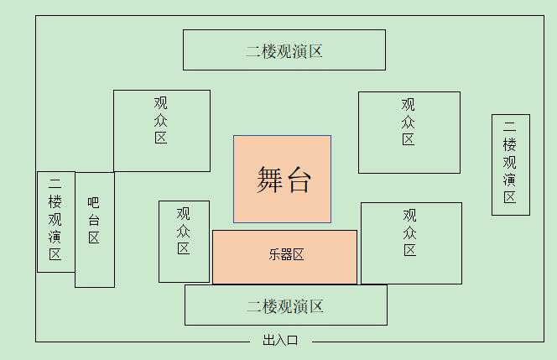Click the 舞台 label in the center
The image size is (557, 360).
tap(283, 180)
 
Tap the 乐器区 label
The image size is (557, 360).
tap(285, 255)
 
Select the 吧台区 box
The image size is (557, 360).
tap(94, 229)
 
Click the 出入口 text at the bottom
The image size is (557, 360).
tap(280, 341)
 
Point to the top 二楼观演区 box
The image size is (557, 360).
tap(284, 50)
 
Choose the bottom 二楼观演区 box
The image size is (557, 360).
tap(285, 305)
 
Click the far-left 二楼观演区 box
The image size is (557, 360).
tap(55, 222)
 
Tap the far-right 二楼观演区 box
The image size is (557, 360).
tap(510, 164)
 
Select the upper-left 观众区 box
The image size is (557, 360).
tap(161, 130)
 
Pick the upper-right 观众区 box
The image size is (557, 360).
tap(409, 132)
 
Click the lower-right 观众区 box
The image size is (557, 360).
tap(410, 243)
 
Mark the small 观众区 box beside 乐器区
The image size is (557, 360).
tap(184, 241)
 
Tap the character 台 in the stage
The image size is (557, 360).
tap(298, 180)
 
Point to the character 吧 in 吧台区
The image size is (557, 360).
tap(94, 202)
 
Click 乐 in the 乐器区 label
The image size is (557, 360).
tap(273, 255)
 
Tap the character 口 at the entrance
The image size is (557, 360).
tap(293, 341)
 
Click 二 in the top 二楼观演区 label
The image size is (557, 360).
tap(253, 51)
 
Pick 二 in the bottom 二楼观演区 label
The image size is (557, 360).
tap(254, 306)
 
